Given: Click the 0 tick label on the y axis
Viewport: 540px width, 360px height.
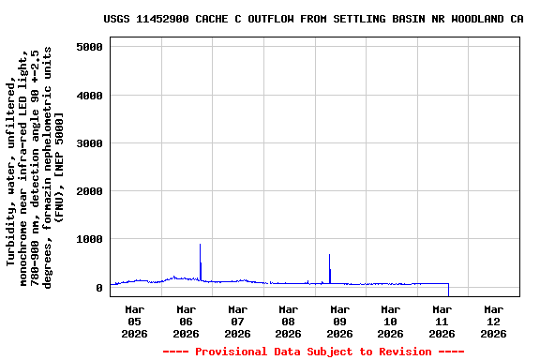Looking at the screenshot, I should [x=98, y=288].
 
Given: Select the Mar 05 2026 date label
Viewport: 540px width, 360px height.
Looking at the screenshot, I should [x=135, y=321].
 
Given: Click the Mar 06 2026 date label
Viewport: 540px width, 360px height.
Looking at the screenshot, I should [x=187, y=321].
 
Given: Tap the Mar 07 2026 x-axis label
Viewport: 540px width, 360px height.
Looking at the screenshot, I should [x=237, y=321].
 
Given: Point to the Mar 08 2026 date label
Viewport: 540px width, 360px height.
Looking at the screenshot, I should [x=289, y=321].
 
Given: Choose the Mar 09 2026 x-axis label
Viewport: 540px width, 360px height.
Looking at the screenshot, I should [x=339, y=321].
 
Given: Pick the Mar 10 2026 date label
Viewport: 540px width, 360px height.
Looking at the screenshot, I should [x=391, y=321].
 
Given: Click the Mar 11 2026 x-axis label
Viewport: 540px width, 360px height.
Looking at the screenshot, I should [x=442, y=321].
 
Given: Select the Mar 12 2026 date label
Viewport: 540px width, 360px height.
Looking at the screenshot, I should [x=493, y=321].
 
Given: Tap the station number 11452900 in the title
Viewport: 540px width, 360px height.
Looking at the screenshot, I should [x=161, y=19].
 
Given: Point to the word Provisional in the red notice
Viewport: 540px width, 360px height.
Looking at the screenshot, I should [x=232, y=352].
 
